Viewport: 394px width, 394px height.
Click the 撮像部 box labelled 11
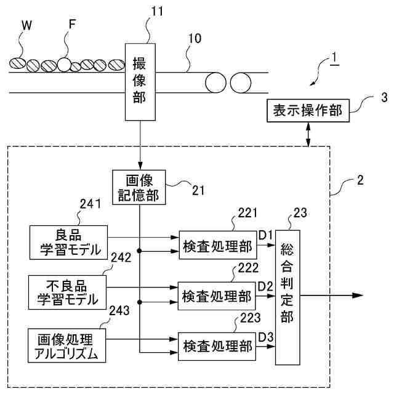click(x=140, y=82)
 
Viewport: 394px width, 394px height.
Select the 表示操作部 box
click(x=308, y=111)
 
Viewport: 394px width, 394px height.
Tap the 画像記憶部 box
click(x=139, y=187)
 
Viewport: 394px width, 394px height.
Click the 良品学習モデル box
click(x=68, y=243)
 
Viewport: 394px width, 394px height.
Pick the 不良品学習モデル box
click(x=67, y=292)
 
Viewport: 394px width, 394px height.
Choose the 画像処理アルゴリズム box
click(x=67, y=345)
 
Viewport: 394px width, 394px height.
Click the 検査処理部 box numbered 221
click(x=218, y=245)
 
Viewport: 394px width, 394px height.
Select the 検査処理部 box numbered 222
click(x=217, y=296)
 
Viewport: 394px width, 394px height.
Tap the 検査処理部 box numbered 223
click(x=217, y=347)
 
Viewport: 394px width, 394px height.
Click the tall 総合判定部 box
click(x=287, y=297)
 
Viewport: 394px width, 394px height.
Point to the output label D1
click(x=265, y=235)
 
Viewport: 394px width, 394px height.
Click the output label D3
click(x=266, y=337)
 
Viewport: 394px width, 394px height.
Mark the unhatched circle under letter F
click(x=64, y=65)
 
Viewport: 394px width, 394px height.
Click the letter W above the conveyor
click(x=27, y=25)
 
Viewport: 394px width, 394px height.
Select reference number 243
click(x=119, y=310)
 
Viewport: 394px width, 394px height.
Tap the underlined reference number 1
click(x=334, y=58)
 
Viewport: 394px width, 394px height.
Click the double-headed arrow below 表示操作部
click(x=308, y=134)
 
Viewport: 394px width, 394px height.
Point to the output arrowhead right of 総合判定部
click(x=358, y=295)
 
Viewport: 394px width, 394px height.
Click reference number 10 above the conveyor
click(x=195, y=38)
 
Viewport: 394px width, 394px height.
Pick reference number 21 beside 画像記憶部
click(x=198, y=190)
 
